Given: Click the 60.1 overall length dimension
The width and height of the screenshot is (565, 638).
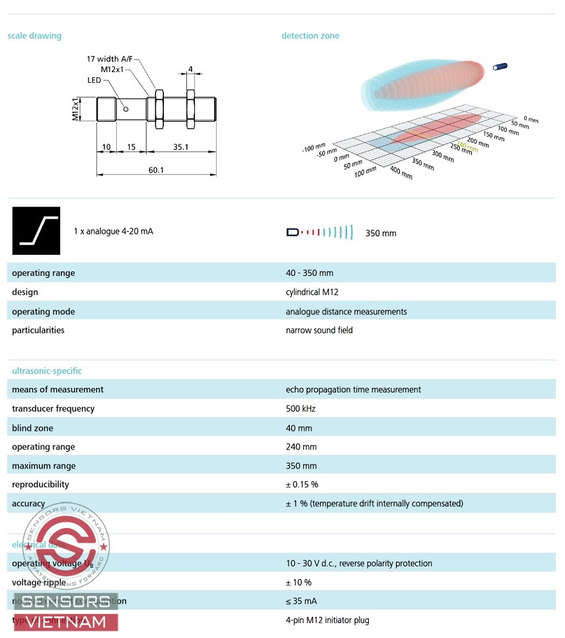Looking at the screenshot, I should tap(156, 170).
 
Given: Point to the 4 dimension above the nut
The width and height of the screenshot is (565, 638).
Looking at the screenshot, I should tap(190, 69).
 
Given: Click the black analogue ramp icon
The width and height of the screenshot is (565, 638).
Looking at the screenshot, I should tap(36, 231).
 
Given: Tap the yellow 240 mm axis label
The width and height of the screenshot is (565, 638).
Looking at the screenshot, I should tap(467, 148).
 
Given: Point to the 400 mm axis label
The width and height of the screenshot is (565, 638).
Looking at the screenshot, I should tap(401, 173).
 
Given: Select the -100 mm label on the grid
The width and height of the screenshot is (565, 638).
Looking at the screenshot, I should tap(314, 147).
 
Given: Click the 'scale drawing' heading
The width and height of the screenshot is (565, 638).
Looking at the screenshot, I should tap(34, 36).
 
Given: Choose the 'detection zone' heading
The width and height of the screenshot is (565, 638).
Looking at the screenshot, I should tap(310, 36).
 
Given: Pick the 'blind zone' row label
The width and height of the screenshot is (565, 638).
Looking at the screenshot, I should tap(32, 428).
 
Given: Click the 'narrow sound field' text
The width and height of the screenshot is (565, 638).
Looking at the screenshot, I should tap(319, 330).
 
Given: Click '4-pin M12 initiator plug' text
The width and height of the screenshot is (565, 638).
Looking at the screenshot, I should tap(327, 620).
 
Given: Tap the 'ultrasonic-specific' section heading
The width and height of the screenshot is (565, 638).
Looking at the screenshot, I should tap(47, 371).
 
